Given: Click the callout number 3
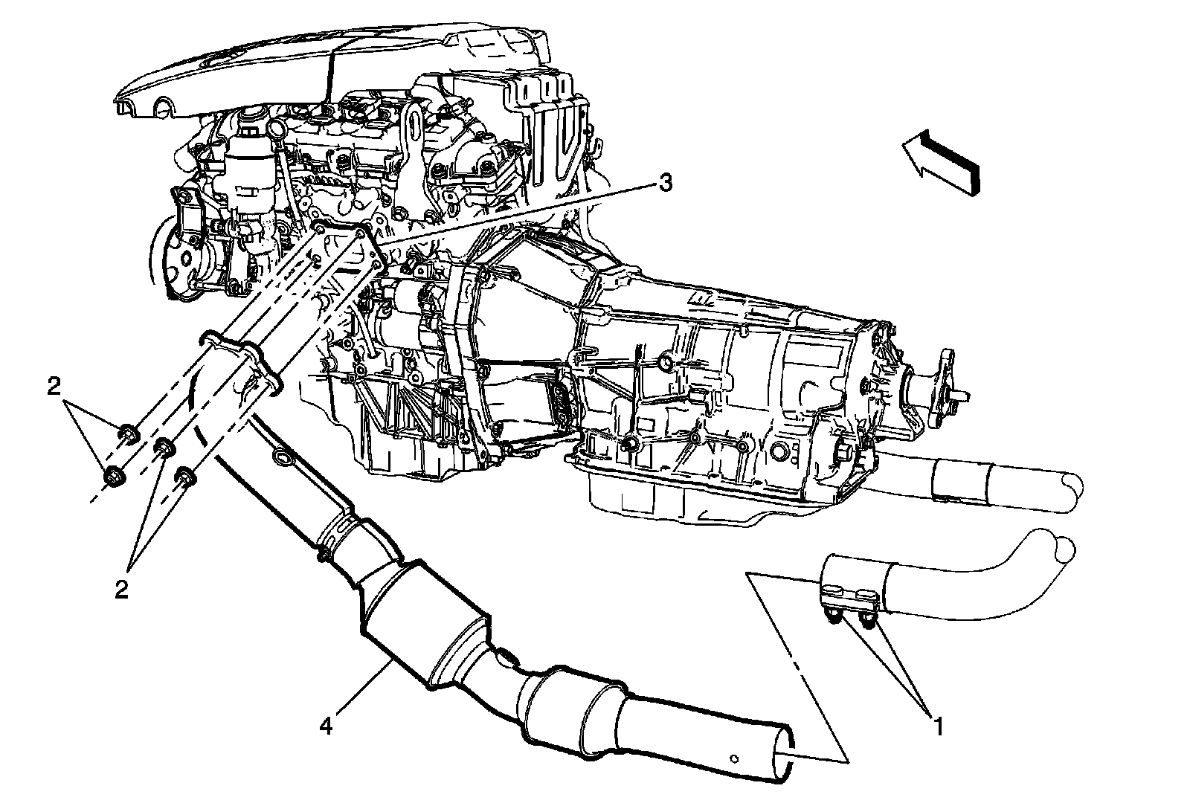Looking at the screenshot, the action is (664, 182).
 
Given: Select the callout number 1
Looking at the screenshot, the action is (939, 725).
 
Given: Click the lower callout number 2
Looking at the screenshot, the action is (121, 589).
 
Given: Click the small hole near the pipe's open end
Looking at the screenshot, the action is (733, 758).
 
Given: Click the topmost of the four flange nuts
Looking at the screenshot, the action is (128, 432).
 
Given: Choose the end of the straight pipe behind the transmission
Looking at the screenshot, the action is (1071, 491).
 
